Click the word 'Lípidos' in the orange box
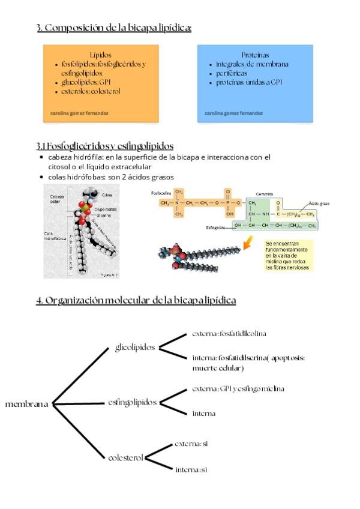(x=101, y=54)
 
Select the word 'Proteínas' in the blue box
(x=255, y=54)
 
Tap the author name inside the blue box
(x=233, y=112)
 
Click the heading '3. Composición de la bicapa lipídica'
(x=113, y=28)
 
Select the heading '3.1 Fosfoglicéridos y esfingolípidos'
(x=105, y=146)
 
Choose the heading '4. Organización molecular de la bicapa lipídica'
(x=136, y=300)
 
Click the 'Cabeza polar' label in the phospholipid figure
(x=57, y=199)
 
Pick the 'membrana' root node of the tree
(x=27, y=404)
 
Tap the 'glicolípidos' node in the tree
(x=134, y=347)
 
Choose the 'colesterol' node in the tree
(x=125, y=457)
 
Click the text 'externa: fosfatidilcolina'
(x=229, y=333)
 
